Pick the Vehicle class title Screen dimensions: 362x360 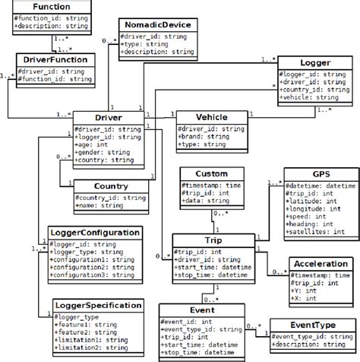tap(212, 118)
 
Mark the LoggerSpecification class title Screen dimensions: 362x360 tap(87, 305)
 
